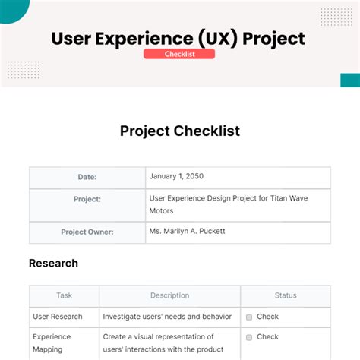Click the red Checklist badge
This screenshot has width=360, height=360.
click(179, 54)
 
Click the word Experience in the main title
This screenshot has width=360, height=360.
click(144, 39)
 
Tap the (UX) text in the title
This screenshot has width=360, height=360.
click(218, 39)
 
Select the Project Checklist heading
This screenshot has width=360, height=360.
click(180, 131)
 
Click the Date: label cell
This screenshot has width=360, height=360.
click(87, 178)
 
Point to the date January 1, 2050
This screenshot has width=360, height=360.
click(176, 176)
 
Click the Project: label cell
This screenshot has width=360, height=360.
click(87, 205)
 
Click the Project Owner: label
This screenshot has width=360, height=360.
click(87, 232)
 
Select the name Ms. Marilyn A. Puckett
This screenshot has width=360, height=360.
click(187, 231)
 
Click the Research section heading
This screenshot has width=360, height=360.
click(53, 264)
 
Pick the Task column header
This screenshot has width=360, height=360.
click(64, 295)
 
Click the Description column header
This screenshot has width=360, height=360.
click(169, 295)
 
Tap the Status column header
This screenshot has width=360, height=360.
click(286, 295)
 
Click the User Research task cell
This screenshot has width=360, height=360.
click(64, 317)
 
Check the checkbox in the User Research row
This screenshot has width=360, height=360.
click(249, 317)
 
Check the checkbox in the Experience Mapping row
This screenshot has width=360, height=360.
click(249, 337)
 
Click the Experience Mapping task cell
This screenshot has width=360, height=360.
click(64, 344)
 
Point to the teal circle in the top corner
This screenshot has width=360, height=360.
click(13, 10)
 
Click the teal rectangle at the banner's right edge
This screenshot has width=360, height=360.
click(350, 81)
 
